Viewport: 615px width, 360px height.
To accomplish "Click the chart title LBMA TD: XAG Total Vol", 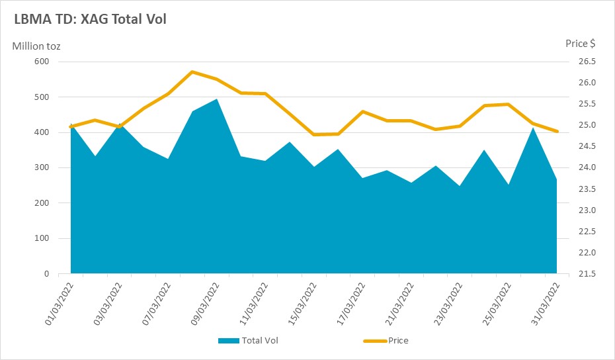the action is [90, 19].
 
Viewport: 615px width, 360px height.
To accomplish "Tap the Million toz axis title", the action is [36, 46].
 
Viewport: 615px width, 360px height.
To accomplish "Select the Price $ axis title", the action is [580, 44].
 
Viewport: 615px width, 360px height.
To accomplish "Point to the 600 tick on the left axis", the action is [42, 62].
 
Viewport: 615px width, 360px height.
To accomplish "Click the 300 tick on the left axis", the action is [42, 167].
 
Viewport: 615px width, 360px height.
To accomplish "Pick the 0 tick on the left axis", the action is [47, 273].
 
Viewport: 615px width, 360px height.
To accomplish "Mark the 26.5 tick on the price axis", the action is [587, 62].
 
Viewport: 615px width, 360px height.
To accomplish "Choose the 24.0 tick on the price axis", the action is [587, 167].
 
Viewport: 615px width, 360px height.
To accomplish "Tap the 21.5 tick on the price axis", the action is [587, 273].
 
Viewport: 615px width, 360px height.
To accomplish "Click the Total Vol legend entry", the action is [248, 340].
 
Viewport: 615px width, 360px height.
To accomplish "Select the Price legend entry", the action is [386, 340].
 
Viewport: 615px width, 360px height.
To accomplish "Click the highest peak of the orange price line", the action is [192, 72].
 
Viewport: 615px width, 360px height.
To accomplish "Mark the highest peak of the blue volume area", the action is [216, 99].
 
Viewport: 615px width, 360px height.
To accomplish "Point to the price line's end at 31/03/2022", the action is [557, 131].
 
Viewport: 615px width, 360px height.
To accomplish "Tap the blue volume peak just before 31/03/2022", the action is [532, 128].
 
